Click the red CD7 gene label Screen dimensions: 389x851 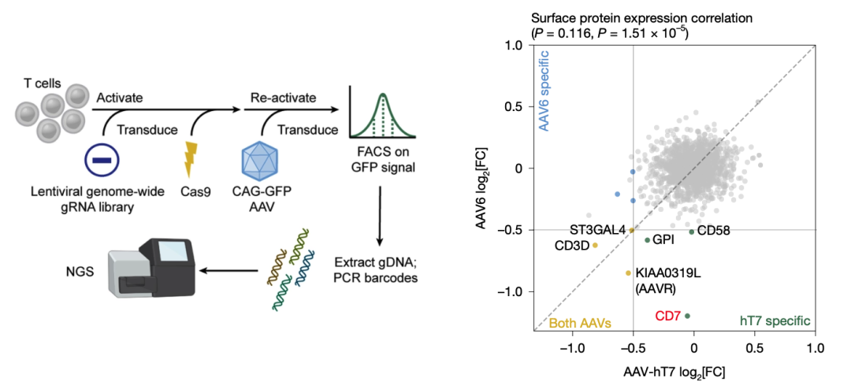pos(667,316)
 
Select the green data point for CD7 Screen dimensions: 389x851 pos(687,316)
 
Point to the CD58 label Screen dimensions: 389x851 pos(713,231)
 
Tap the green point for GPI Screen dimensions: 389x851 pos(648,240)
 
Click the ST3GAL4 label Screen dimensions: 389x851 pos(597,230)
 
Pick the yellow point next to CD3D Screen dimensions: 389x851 pos(596,245)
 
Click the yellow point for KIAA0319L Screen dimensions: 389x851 pos(628,273)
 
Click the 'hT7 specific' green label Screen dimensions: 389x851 pos(775,321)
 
